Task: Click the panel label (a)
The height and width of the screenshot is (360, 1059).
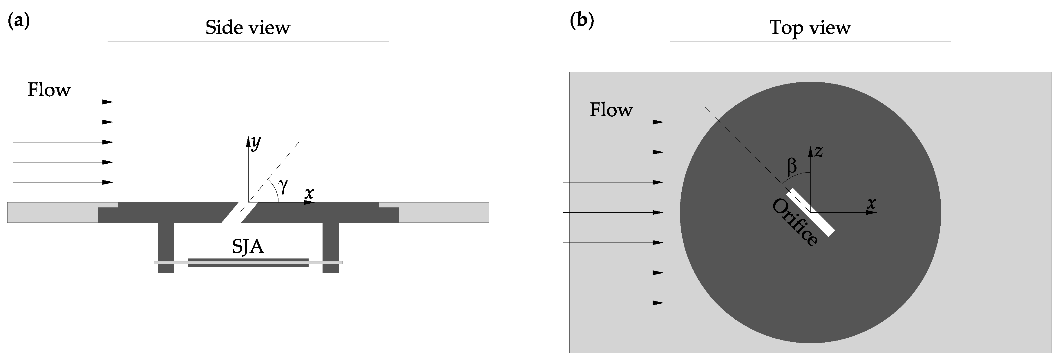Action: click(19, 22)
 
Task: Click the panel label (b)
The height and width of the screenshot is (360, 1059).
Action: click(582, 22)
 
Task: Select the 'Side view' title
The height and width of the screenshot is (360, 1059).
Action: click(248, 28)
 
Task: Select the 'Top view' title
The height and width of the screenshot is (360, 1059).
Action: click(810, 28)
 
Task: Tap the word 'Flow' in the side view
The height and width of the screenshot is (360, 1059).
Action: click(49, 90)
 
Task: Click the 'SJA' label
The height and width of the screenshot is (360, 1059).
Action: click(248, 247)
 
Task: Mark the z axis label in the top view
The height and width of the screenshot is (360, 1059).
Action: click(819, 151)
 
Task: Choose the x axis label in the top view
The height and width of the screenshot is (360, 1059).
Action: click(871, 203)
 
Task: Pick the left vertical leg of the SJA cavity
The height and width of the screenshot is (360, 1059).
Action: click(166, 247)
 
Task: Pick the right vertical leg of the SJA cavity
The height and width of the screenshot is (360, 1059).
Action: click(331, 247)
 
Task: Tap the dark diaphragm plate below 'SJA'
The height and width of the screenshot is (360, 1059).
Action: click(248, 263)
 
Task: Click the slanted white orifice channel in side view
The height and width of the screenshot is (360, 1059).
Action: click(240, 212)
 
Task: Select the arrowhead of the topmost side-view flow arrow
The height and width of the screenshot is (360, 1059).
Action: click(108, 102)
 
